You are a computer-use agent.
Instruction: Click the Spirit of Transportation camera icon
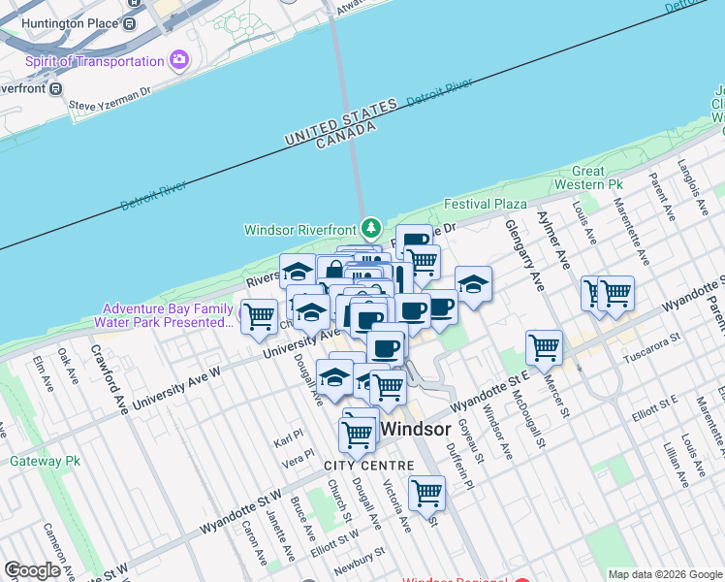click(x=178, y=61)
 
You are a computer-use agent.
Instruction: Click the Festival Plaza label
click(x=486, y=204)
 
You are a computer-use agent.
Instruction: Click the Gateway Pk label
click(x=45, y=461)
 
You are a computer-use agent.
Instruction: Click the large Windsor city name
click(x=416, y=429)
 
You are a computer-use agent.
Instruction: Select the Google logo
click(x=32, y=570)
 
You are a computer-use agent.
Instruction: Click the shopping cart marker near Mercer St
click(x=545, y=345)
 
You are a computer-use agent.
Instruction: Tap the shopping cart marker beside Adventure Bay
click(x=259, y=316)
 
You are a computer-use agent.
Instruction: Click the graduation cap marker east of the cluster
click(x=473, y=283)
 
